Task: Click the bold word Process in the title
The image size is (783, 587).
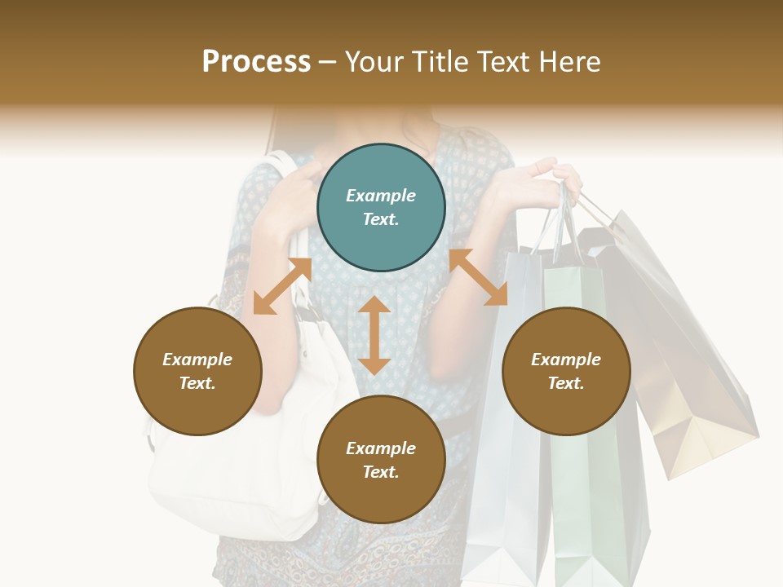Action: click(256, 62)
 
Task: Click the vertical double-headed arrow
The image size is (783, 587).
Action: click(374, 335)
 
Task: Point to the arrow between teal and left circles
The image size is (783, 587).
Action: click(282, 285)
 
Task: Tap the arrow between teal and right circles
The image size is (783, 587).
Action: click(478, 277)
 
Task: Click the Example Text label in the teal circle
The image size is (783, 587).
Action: click(381, 207)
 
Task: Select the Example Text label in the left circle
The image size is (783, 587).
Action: click(197, 371)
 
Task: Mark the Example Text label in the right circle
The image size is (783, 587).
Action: click(566, 371)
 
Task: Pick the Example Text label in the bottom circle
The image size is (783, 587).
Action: click(381, 460)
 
